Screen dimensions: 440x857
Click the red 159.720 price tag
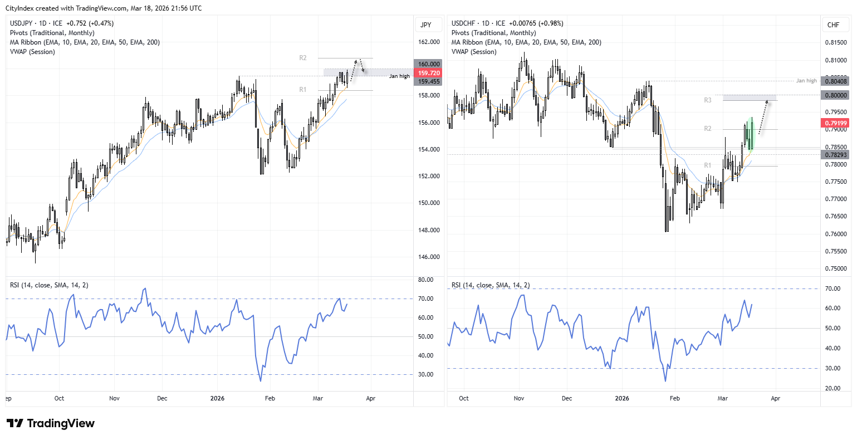click(x=428, y=73)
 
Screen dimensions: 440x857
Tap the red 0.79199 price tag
click(x=835, y=123)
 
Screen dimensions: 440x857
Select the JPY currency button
click(x=426, y=25)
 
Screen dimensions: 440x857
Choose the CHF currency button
click(x=834, y=25)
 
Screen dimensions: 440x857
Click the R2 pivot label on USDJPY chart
click(x=303, y=58)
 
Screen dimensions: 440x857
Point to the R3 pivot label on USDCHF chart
click(x=707, y=100)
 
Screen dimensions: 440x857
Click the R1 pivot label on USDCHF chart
click(x=707, y=165)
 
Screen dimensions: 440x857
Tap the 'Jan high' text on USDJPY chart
click(x=399, y=76)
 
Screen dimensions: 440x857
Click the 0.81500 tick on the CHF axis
click(x=835, y=43)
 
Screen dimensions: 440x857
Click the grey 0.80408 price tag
click(x=835, y=81)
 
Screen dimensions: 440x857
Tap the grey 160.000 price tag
click(x=428, y=64)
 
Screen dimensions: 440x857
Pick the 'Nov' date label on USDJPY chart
click(x=114, y=398)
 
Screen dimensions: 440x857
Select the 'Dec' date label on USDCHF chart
click(x=567, y=398)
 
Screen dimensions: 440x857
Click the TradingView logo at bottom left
click(x=51, y=423)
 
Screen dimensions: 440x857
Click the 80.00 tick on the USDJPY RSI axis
click(x=426, y=280)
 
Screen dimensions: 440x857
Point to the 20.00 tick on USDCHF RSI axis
click(x=832, y=388)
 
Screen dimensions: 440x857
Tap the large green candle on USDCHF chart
click(x=751, y=134)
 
